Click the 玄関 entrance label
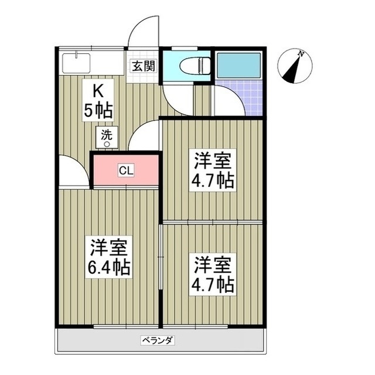tap(142, 66)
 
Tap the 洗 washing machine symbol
tap(107, 137)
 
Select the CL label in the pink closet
tap(126, 171)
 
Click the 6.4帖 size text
tap(110, 268)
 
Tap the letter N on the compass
tap(301, 54)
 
